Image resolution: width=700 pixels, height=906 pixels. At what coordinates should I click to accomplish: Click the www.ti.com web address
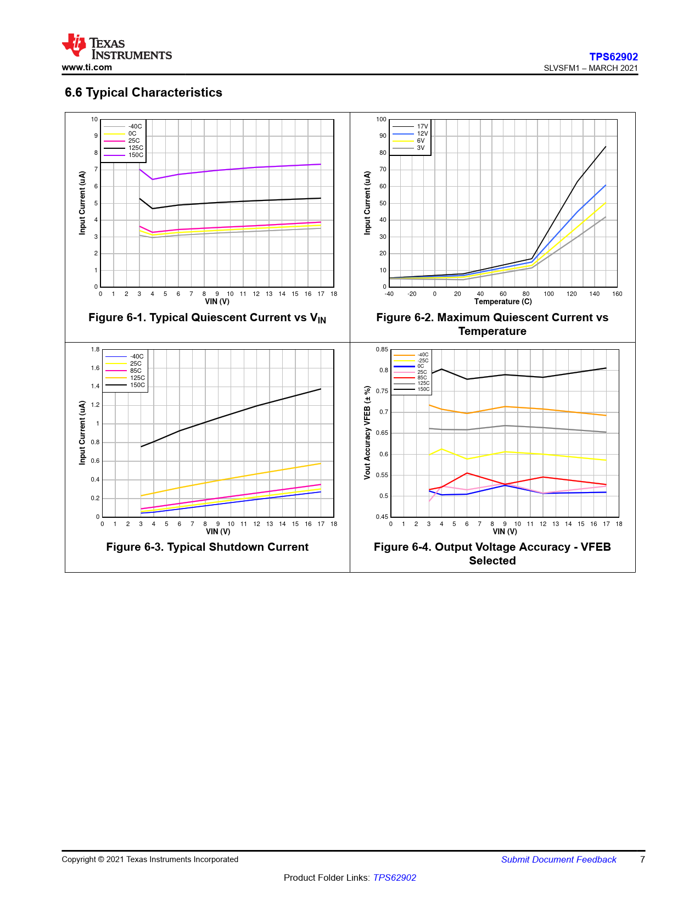(87, 68)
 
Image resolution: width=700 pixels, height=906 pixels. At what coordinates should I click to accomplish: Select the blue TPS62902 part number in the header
(613, 57)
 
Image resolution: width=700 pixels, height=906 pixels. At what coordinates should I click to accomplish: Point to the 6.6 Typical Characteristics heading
(143, 92)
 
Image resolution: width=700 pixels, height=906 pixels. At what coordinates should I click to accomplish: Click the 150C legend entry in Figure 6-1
(135, 155)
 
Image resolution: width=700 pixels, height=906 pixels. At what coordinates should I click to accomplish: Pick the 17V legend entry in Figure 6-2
(422, 127)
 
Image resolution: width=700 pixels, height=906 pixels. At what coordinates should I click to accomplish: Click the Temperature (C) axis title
(503, 301)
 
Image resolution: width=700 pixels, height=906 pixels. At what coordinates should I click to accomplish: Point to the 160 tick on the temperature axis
(617, 294)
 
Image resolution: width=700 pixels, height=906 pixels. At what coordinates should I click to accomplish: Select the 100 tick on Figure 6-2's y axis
(381, 119)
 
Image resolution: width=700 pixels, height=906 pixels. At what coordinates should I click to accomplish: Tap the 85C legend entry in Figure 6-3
(135, 371)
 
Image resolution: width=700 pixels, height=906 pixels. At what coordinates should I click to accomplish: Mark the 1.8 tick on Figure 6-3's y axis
(96, 349)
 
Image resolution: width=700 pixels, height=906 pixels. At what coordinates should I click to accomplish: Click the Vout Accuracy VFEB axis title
(367, 433)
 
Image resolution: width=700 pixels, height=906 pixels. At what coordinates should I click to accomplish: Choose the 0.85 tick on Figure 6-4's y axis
(382, 349)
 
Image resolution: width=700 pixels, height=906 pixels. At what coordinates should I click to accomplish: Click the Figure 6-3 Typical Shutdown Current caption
(207, 547)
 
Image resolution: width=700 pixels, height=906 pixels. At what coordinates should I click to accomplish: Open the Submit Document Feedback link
(558, 859)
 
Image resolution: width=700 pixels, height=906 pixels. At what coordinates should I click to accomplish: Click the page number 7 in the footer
(642, 859)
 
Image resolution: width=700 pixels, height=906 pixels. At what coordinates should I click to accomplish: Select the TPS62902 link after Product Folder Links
(394, 877)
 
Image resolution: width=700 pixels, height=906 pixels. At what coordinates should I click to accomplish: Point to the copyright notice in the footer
(150, 859)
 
